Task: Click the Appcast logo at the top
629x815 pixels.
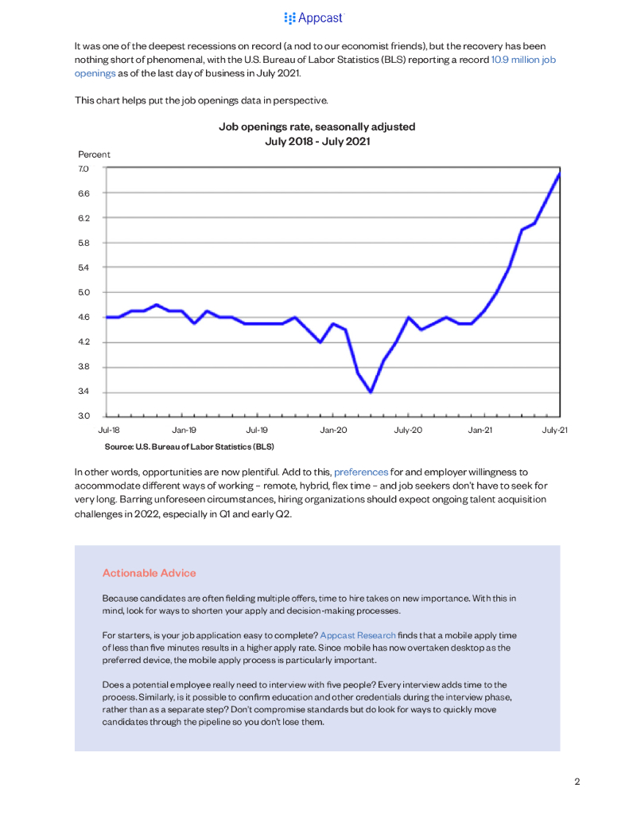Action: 314,18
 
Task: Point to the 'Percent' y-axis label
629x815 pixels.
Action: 94,154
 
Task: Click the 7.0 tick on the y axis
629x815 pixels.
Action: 84,169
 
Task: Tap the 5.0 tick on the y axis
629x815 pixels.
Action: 84,292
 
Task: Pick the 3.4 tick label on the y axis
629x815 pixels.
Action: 84,392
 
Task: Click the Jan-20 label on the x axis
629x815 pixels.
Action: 333,431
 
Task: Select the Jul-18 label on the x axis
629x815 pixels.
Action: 109,431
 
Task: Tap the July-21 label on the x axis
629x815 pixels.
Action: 555,431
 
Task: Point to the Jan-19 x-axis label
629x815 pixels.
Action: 184,431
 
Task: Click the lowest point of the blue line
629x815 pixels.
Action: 371,391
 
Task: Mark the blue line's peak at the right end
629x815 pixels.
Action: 559,174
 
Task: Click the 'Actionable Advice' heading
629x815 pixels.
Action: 149,573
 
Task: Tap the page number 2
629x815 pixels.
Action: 577,782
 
